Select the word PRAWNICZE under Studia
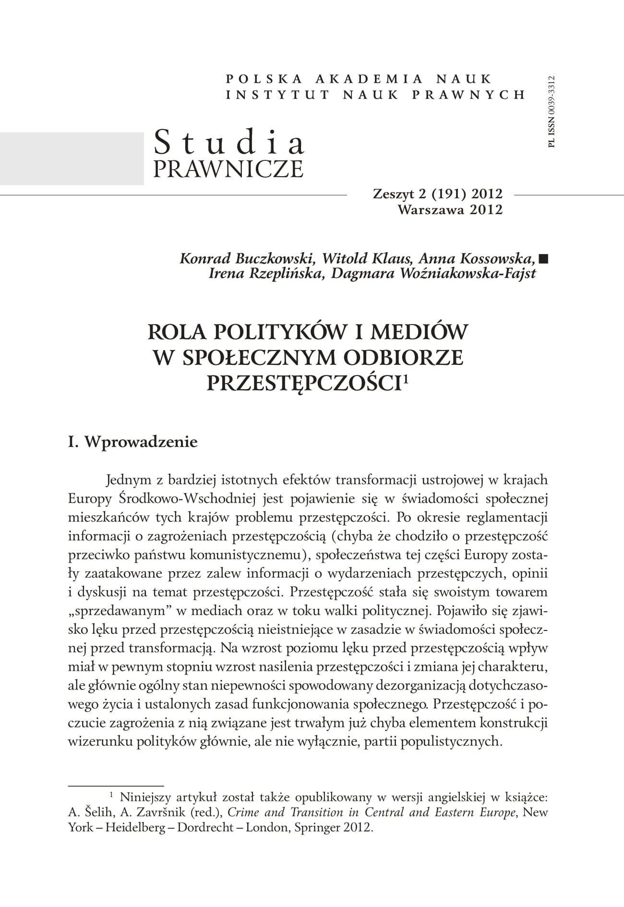[x=228, y=169]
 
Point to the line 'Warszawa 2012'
[x=450, y=210]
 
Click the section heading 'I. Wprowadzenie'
[x=133, y=442]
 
